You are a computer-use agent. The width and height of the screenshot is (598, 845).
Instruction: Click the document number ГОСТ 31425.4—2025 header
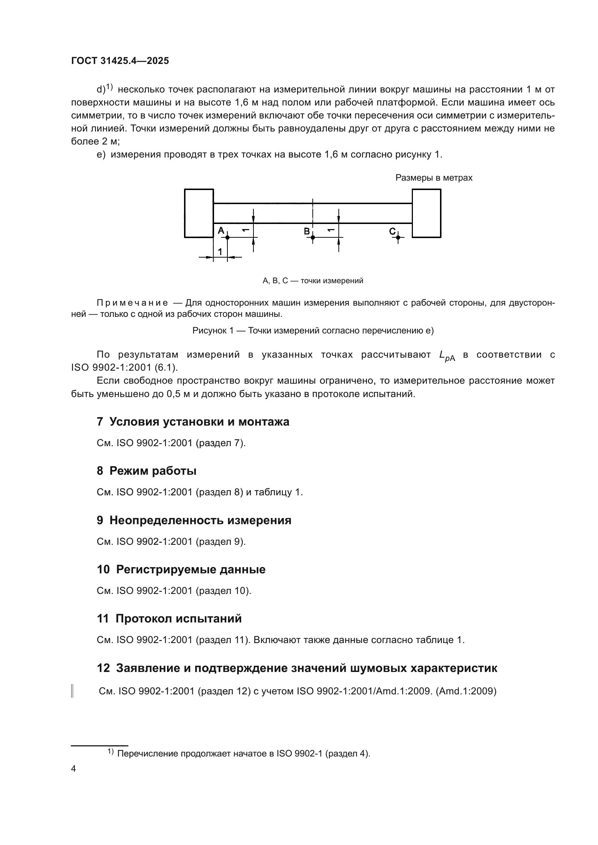(120, 61)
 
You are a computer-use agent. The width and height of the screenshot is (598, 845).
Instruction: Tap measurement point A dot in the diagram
(227, 237)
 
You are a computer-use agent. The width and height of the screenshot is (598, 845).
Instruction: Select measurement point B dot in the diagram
(313, 237)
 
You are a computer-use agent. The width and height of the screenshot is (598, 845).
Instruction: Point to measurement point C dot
(398, 238)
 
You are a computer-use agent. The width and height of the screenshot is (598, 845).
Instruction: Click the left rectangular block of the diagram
(199, 213)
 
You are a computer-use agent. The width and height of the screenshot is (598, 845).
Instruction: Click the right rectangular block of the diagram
(426, 213)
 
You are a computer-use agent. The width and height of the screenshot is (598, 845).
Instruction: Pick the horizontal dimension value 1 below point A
(220, 252)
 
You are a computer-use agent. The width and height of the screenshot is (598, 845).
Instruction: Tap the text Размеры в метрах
(433, 178)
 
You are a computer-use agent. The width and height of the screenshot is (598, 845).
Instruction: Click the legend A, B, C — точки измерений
(313, 281)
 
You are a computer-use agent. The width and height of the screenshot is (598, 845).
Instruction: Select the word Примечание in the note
(132, 303)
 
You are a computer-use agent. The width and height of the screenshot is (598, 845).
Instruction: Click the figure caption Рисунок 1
(313, 331)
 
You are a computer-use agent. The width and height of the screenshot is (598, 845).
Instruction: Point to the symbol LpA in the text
(447, 355)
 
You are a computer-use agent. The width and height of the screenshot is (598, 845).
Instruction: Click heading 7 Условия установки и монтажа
(193, 421)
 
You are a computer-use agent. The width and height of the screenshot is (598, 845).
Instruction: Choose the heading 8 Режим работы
(146, 471)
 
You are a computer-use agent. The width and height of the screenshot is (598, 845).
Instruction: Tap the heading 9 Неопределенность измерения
(194, 520)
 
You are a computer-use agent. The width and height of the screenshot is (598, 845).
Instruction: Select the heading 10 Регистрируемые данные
(181, 569)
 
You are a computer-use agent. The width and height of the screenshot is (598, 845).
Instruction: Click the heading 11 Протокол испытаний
(169, 618)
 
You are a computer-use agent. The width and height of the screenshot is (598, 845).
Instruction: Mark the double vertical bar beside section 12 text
(72, 691)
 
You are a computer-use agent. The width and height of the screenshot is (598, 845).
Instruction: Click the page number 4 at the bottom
(73, 769)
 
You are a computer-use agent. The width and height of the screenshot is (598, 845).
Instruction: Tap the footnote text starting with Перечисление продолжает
(243, 753)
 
